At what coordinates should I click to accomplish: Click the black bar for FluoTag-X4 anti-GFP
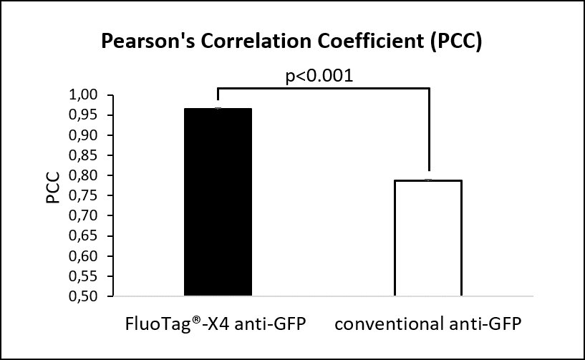click(x=218, y=202)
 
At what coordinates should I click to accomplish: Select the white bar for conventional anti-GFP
click(x=428, y=238)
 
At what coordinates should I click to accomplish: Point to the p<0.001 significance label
click(x=319, y=76)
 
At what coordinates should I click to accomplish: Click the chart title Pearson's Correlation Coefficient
click(x=291, y=42)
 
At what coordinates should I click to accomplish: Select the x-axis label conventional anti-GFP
click(x=427, y=323)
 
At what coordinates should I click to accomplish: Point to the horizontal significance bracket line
click(x=322, y=89)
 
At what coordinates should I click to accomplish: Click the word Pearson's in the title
click(x=141, y=42)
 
